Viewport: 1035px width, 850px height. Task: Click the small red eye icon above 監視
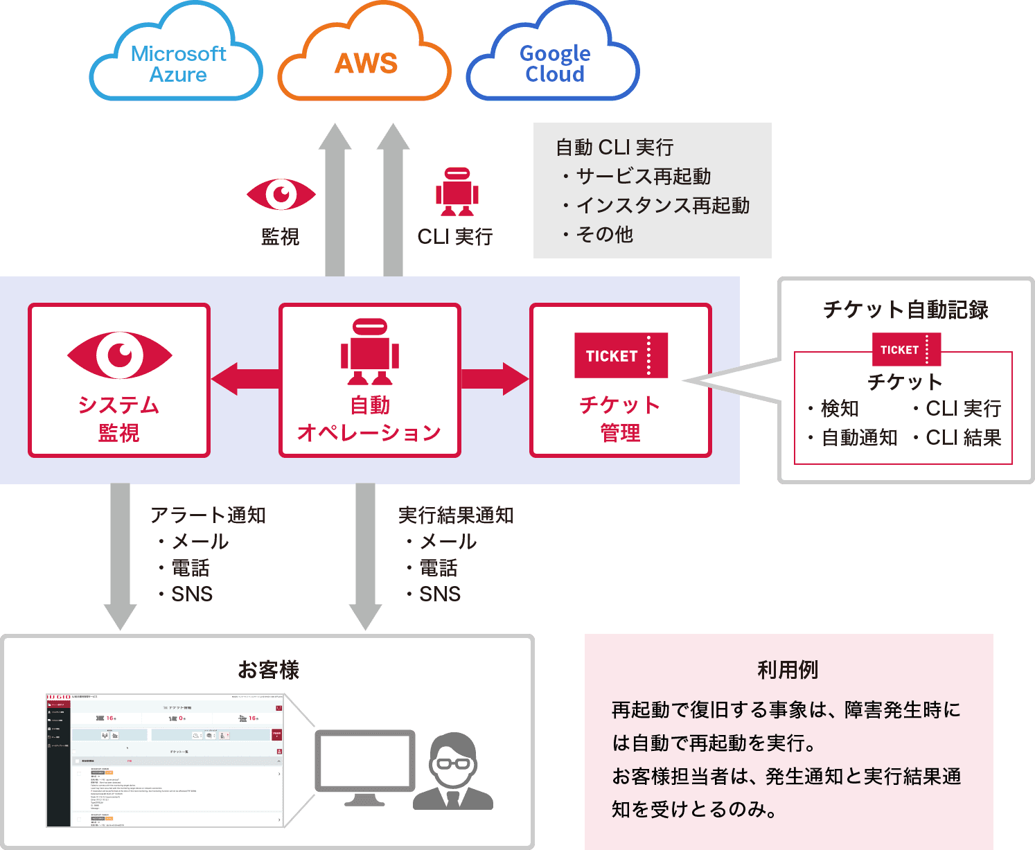281,194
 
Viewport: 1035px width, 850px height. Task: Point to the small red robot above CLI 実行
457,192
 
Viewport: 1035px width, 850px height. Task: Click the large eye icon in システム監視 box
120,355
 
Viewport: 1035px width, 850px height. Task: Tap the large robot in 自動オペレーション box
370,352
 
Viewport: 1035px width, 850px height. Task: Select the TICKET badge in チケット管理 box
621,355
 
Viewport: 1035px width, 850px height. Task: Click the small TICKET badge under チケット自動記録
905,349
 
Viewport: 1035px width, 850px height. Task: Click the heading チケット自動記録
905,310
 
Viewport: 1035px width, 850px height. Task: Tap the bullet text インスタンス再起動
662,206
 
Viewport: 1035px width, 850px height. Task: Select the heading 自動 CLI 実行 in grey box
614,148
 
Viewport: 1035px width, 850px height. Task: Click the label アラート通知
208,515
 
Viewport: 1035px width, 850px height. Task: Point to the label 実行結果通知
456,515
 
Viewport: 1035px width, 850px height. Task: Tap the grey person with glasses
453,772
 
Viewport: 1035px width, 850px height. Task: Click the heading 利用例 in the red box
788,670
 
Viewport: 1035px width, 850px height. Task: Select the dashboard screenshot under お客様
165,760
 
